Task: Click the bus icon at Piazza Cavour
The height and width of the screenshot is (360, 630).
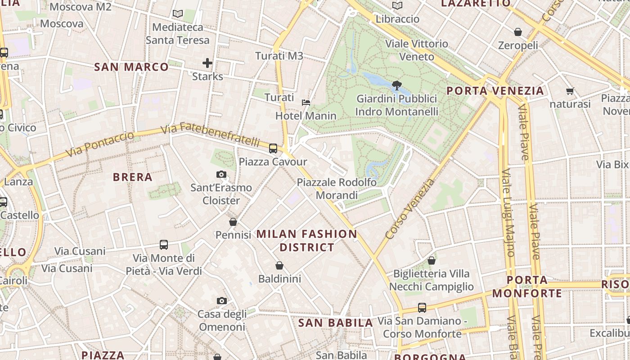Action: (x=273, y=148)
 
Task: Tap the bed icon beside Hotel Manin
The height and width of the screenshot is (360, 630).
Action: (x=306, y=103)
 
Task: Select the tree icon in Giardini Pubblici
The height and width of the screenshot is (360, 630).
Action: (x=396, y=85)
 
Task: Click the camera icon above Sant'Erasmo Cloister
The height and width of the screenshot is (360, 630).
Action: (x=221, y=174)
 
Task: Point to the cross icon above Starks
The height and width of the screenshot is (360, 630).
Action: (x=207, y=63)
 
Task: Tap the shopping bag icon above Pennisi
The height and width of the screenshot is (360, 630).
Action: (x=233, y=221)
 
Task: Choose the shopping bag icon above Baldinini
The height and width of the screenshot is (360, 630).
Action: (x=279, y=265)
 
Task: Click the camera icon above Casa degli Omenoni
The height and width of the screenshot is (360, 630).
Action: (x=222, y=301)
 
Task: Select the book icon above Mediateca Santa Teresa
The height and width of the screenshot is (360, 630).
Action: (x=178, y=13)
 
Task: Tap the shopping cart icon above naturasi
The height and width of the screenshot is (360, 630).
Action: (x=570, y=91)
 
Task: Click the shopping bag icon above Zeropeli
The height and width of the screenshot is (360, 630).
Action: (x=518, y=32)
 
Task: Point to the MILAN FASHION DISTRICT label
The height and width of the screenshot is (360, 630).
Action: (x=307, y=241)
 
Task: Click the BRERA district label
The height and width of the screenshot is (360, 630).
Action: (x=133, y=177)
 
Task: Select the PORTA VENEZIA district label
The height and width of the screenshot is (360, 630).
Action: (x=495, y=91)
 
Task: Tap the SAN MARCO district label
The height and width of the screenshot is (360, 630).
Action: (x=131, y=67)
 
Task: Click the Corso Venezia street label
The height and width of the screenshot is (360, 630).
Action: (x=410, y=209)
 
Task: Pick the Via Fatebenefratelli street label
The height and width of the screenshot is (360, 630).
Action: (x=210, y=134)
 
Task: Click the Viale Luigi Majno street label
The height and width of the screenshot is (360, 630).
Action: (x=508, y=213)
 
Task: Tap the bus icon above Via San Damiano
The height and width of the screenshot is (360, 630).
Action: (x=422, y=308)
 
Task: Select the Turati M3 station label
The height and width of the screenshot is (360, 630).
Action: (x=279, y=56)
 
